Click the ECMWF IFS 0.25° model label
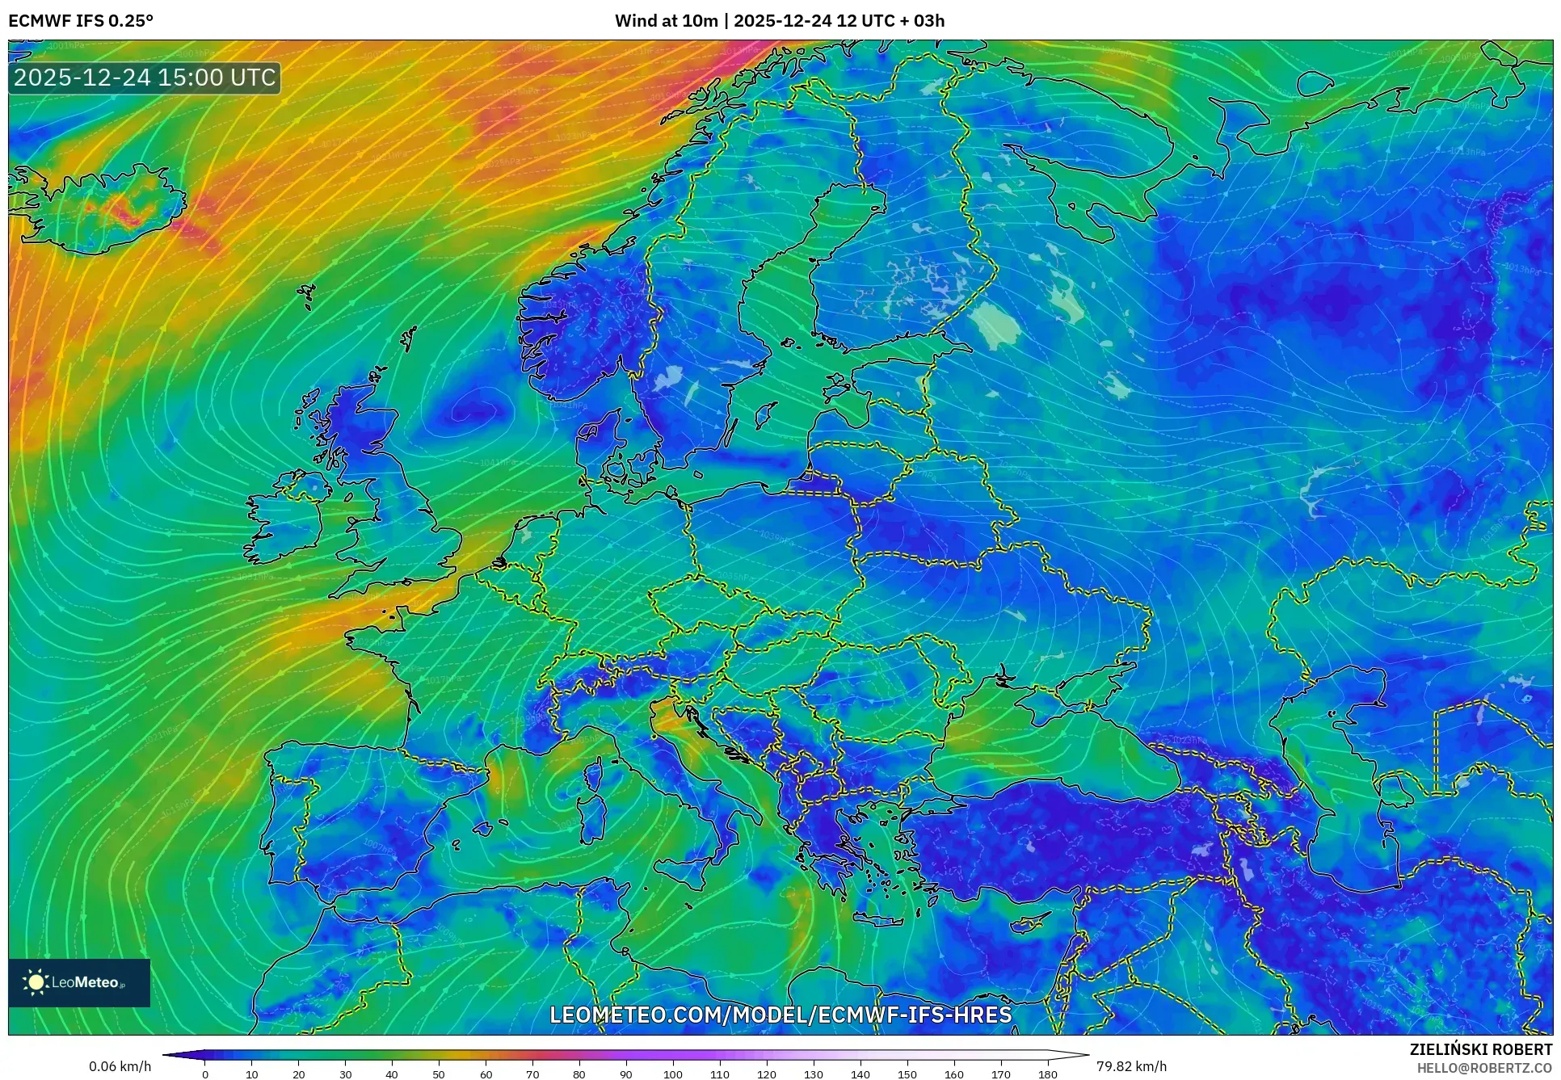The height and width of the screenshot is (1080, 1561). [x=80, y=21]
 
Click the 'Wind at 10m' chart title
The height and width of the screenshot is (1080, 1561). [x=779, y=21]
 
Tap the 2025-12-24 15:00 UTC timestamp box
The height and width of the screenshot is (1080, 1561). [x=145, y=78]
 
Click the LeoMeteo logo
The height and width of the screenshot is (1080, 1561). [x=78, y=982]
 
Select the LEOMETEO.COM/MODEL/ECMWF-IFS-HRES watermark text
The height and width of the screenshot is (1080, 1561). [x=780, y=1015]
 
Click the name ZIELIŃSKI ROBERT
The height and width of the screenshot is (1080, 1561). [x=1480, y=1049]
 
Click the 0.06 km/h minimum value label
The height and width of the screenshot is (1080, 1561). [x=120, y=1066]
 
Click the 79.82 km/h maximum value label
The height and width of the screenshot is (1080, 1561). [x=1131, y=1066]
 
